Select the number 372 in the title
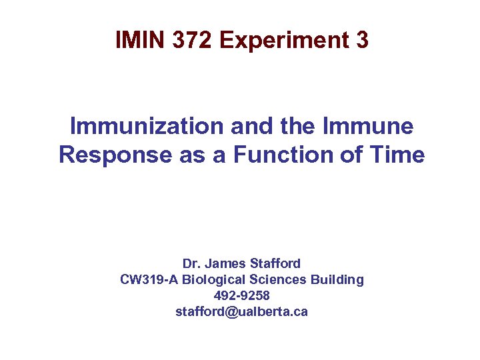click(192, 41)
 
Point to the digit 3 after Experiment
click(362, 41)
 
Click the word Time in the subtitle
click(396, 155)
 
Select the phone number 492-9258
click(241, 295)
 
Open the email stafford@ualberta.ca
click(241, 311)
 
